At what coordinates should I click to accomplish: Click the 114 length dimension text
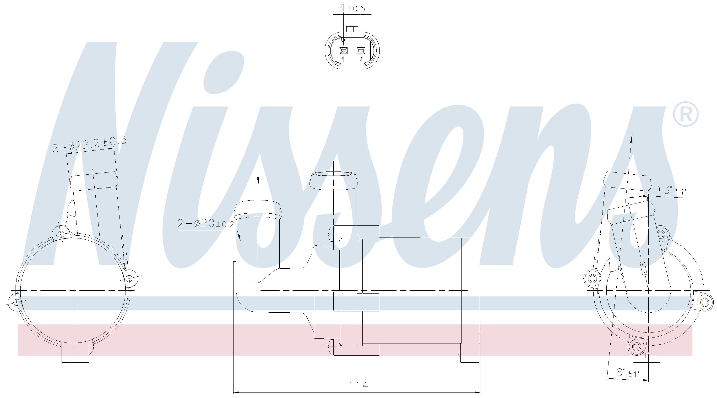tap(358, 386)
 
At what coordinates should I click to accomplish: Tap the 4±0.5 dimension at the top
tap(352, 8)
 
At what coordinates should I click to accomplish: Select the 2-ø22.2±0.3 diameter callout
tap(89, 144)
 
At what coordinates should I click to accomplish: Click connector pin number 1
tap(343, 59)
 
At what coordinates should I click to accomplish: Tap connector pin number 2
tap(361, 59)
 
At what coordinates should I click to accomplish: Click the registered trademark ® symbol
tap(685, 114)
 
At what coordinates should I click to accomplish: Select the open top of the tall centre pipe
tap(333, 175)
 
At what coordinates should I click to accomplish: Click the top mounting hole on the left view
tap(61, 234)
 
